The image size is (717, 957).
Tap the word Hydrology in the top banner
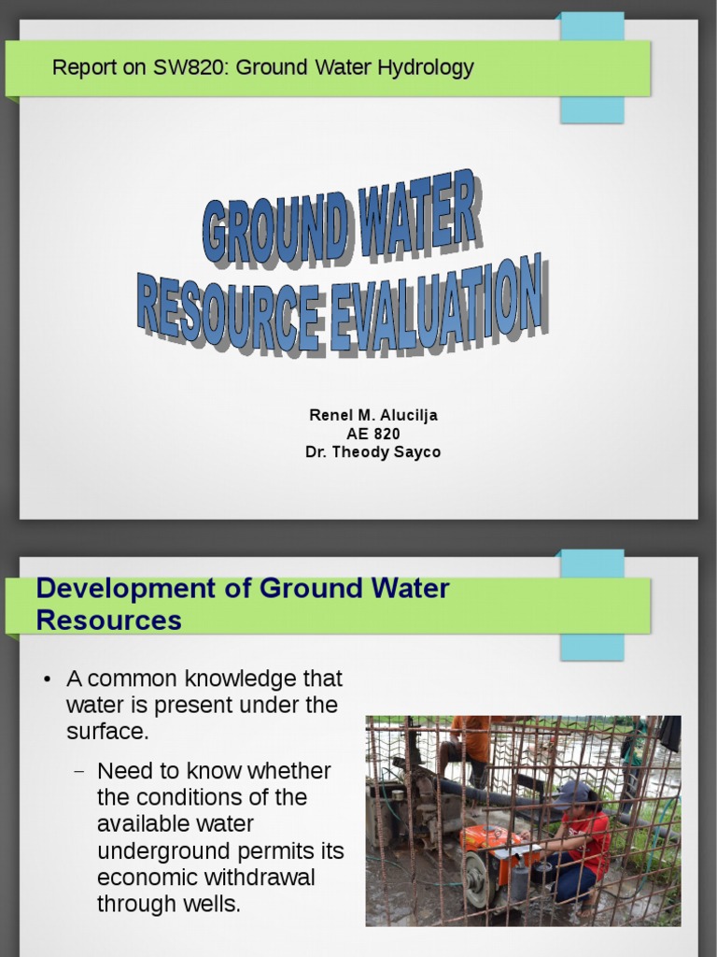click(x=432, y=68)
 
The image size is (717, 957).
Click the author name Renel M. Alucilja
click(x=373, y=415)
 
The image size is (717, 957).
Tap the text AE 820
click(x=373, y=434)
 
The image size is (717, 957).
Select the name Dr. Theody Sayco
click(x=373, y=452)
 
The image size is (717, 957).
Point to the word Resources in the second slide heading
click(x=108, y=620)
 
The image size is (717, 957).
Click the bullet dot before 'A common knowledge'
click(x=48, y=678)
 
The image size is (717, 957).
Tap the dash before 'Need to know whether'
click(x=78, y=772)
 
